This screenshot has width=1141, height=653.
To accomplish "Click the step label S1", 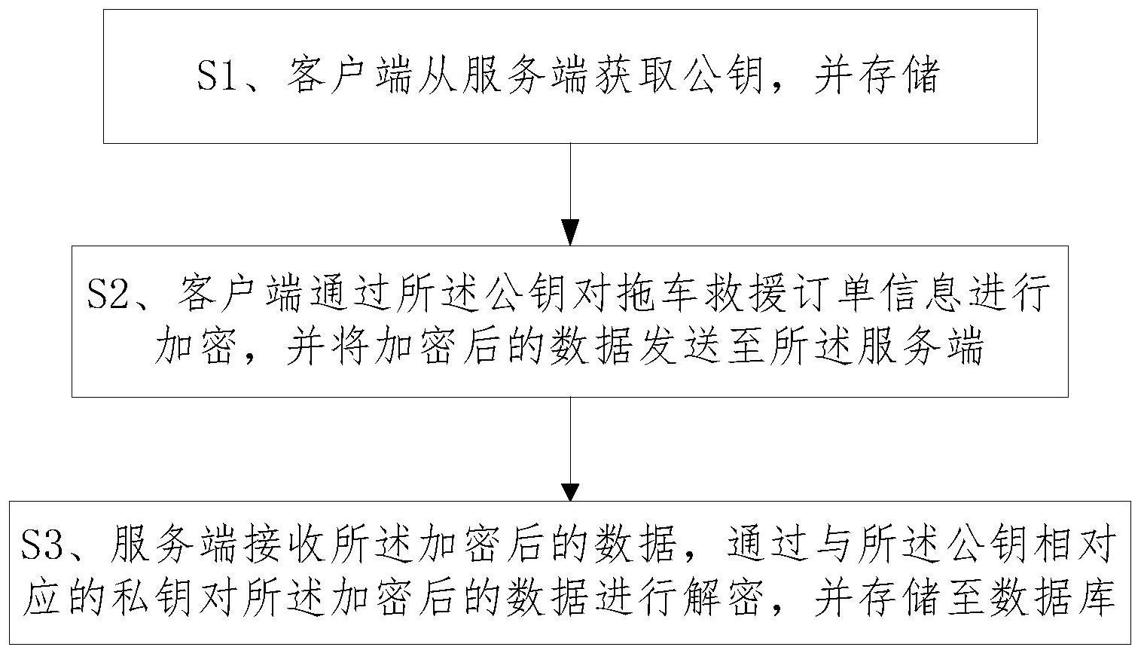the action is coord(218,76).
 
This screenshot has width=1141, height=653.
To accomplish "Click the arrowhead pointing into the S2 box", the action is coord(570,232).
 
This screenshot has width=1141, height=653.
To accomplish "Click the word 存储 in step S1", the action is coord(898,76).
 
